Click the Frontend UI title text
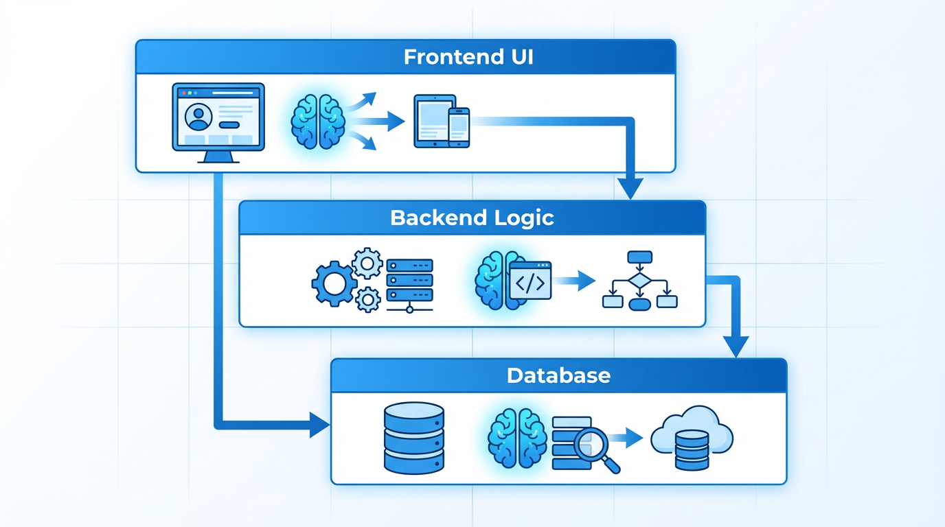(468, 56)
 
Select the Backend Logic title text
(472, 218)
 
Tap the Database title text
(558, 375)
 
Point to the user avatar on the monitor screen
(198, 117)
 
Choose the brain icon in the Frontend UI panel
(317, 121)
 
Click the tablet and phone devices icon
(441, 121)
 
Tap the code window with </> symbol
(530, 281)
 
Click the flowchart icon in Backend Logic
(639, 281)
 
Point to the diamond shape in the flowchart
(639, 281)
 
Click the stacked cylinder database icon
(413, 438)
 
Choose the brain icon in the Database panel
(515, 438)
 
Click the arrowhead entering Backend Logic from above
(630, 188)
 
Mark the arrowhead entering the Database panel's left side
(319, 425)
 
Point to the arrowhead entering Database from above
(736, 347)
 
